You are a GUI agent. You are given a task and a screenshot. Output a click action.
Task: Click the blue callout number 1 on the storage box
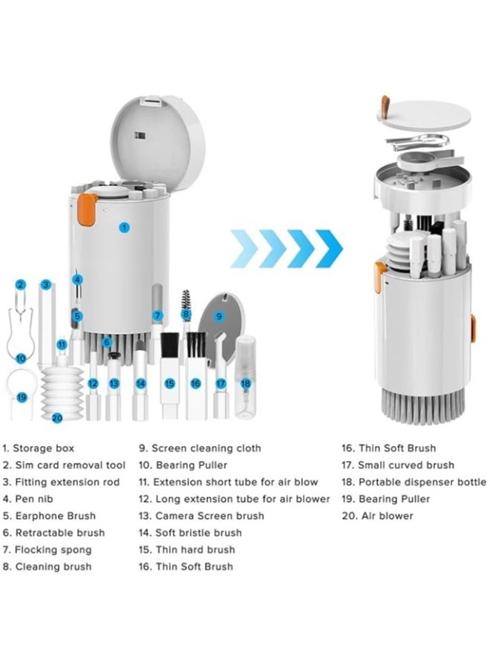[125, 228]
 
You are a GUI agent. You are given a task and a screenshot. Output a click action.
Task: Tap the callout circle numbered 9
[219, 315]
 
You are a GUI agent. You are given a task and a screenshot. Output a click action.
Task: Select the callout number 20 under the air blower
[57, 417]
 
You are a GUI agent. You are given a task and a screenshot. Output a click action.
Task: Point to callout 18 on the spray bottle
[246, 384]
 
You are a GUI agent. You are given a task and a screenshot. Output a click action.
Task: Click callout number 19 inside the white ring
[22, 397]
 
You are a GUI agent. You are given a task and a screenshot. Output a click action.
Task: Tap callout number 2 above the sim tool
[21, 284]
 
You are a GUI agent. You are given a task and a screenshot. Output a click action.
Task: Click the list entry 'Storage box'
[44, 448]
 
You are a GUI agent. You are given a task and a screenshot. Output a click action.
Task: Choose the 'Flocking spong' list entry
[53, 550]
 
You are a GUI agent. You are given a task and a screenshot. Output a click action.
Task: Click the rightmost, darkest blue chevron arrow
[330, 249]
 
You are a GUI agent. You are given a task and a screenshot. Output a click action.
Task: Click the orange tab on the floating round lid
[385, 106]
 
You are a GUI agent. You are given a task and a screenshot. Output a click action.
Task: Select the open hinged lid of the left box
[157, 141]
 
